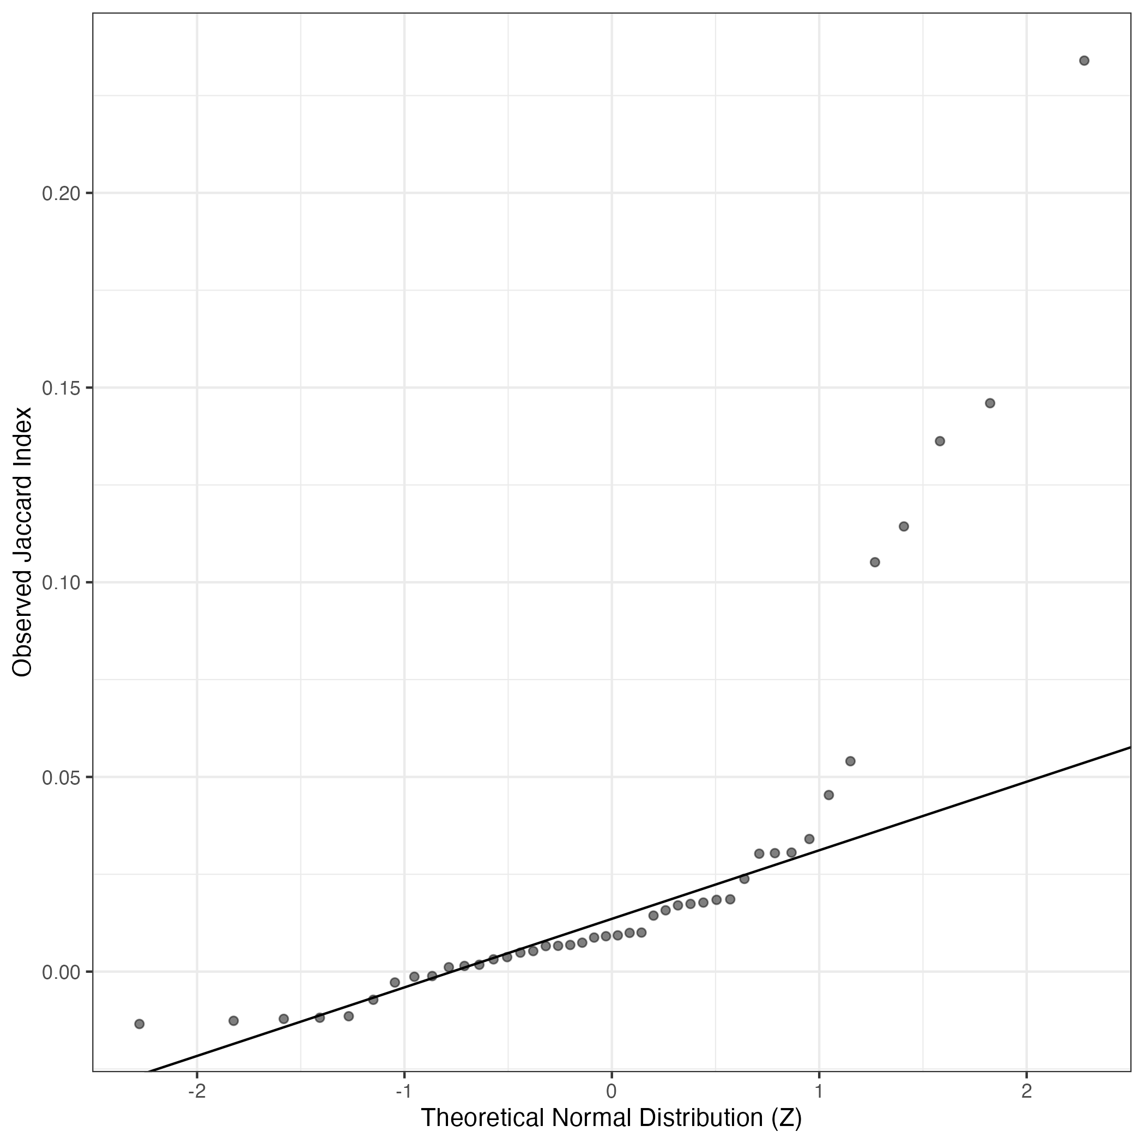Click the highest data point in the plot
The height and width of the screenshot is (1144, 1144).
pyautogui.click(x=1084, y=60)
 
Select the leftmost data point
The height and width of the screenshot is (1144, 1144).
pyautogui.click(x=139, y=1024)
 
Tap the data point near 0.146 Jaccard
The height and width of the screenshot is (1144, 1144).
pyautogui.click(x=990, y=403)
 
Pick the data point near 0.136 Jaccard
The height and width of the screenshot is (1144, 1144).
pyautogui.click(x=940, y=441)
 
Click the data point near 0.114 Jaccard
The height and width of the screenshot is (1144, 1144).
pyautogui.click(x=904, y=526)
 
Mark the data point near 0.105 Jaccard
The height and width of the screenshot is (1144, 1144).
pyautogui.click(x=875, y=562)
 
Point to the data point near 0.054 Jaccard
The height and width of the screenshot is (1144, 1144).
pyautogui.click(x=850, y=761)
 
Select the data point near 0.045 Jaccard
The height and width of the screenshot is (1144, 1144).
pyautogui.click(x=829, y=795)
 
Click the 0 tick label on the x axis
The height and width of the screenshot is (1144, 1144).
pyautogui.click(x=612, y=1091)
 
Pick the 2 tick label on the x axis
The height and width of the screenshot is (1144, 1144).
pyautogui.click(x=1027, y=1091)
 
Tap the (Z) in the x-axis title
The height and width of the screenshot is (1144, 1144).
pyautogui.click(x=788, y=1118)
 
